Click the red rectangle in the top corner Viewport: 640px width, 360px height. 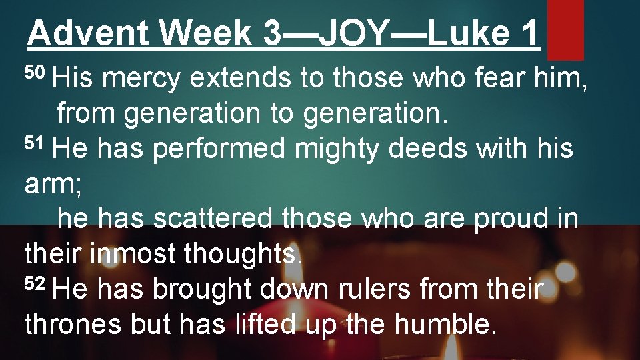pyautogui.click(x=565, y=29)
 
